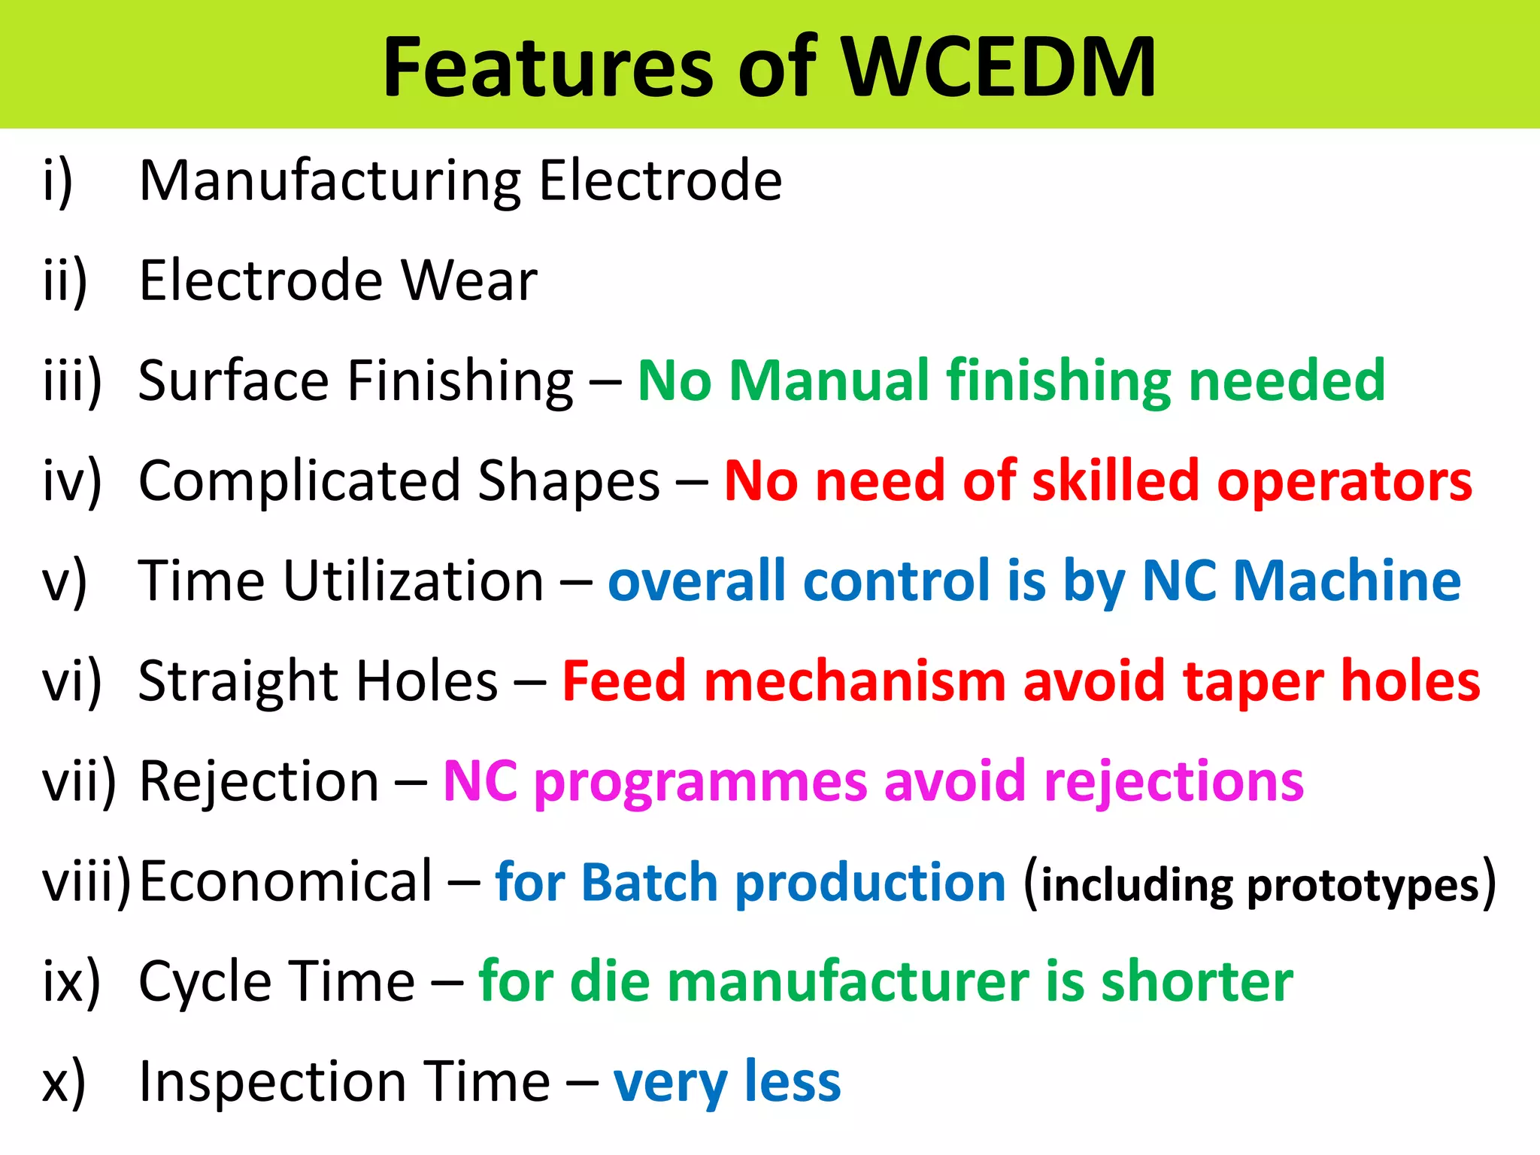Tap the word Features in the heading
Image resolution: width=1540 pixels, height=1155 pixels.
point(547,68)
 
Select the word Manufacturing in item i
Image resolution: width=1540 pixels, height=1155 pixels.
point(329,182)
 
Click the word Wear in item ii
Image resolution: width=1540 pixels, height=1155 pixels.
point(468,280)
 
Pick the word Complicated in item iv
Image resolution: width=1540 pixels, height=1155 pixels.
point(299,481)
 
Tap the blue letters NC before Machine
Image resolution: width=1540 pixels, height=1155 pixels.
point(1178,581)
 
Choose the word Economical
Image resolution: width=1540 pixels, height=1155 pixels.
point(286,881)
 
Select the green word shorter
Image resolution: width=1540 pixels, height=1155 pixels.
point(1197,982)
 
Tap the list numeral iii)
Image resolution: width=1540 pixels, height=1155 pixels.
point(72,380)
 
